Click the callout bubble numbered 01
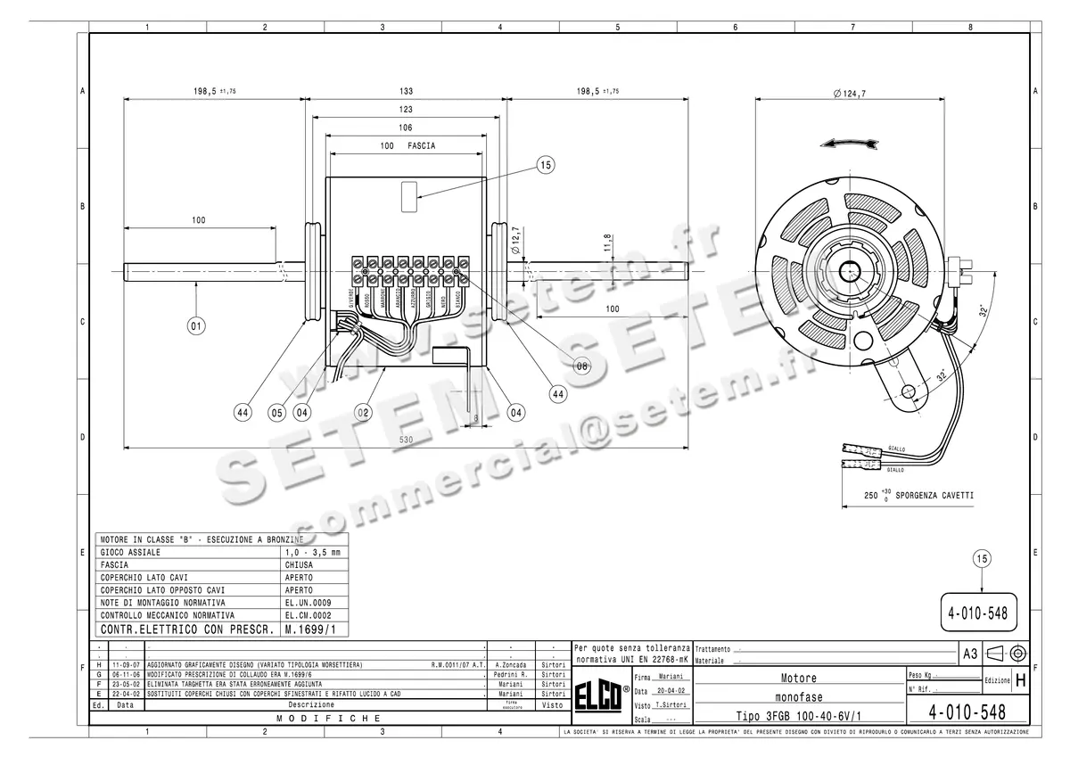coord(196,326)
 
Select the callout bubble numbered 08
coord(581,366)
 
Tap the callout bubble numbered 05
coord(276,412)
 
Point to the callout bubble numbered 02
coord(362,412)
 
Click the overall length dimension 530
coord(405,440)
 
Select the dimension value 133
coord(407,92)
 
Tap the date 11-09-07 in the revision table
coord(125,665)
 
